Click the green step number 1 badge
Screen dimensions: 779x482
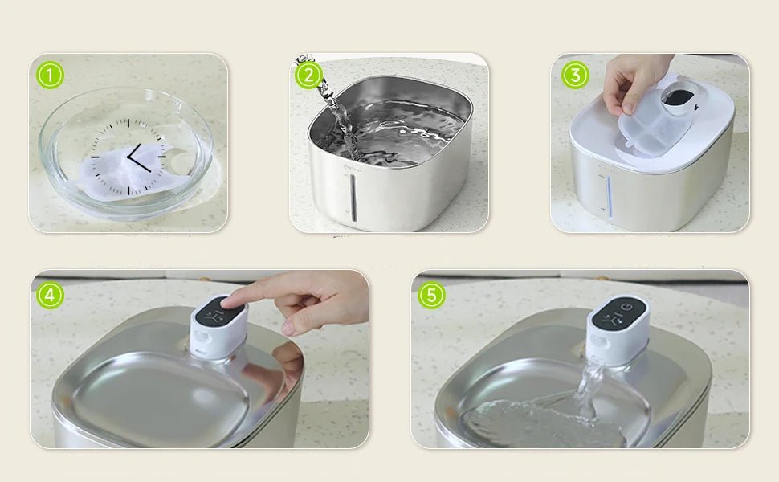[50, 76]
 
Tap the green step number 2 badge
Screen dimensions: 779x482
[308, 76]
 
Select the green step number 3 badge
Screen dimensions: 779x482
[575, 76]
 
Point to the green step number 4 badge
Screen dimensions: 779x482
[50, 295]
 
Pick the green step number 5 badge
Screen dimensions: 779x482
[431, 295]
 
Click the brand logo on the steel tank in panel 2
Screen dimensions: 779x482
[353, 168]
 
